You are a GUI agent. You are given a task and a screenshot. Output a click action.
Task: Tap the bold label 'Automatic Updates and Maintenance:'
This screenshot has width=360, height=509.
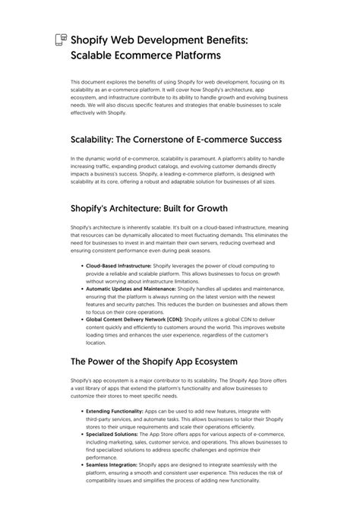[x=131, y=289]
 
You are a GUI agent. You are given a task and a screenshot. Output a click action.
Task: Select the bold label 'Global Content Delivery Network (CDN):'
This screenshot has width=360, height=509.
[x=134, y=320]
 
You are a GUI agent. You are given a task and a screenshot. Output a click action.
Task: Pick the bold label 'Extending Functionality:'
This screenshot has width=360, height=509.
[x=112, y=410]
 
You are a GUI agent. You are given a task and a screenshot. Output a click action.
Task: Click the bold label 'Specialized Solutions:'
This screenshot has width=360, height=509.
[x=111, y=433]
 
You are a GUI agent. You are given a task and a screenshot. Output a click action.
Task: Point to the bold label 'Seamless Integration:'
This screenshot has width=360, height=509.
[x=111, y=463]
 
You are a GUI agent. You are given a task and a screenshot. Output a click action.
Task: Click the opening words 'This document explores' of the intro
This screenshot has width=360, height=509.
[x=100, y=81]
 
